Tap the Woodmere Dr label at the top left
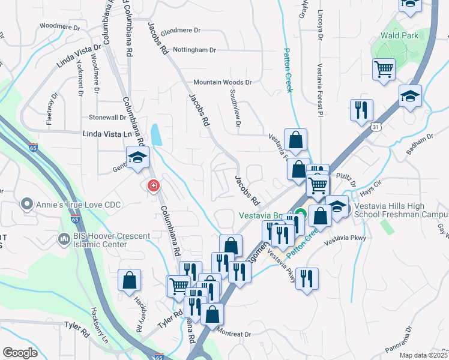pos(59,26)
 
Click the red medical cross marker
pos(154,186)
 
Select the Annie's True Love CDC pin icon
pos(26,205)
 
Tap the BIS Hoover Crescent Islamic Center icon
pos(65,240)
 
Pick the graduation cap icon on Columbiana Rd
pos(137,158)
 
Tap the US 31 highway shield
pos(375,127)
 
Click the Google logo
pos(20,352)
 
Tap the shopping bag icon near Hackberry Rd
pos(130,280)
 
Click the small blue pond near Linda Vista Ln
pos(157,135)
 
